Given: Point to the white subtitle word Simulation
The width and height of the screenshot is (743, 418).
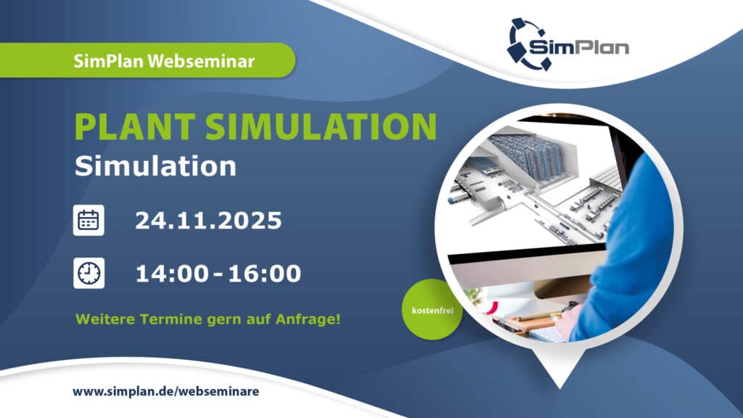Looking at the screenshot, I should pos(155,166).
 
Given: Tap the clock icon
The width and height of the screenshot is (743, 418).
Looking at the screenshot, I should pos(89,273).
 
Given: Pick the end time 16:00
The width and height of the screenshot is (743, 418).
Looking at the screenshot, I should pos(264,274).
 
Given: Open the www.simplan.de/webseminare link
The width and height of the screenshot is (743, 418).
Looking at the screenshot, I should pos(165,391).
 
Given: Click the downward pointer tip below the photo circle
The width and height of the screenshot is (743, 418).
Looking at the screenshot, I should pos(559,381).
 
